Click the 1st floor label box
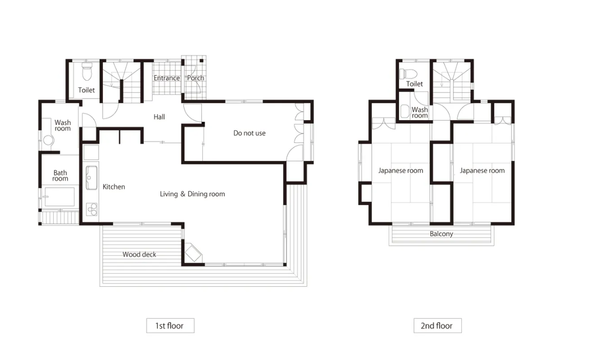click(170, 326)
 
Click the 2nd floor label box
click(437, 326)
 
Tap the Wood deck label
click(139, 254)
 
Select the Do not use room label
click(249, 133)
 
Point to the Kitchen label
click(114, 187)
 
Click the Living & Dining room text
click(192, 194)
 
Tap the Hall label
click(159, 117)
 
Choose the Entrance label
click(166, 78)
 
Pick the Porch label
click(196, 78)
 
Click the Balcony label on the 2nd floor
click(442, 234)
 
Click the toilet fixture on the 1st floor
click(87, 72)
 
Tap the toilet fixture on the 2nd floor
click(408, 73)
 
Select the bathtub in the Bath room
click(60, 197)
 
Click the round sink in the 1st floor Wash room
click(48, 140)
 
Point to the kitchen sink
click(92, 178)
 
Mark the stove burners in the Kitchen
click(92, 209)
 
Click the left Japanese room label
click(401, 171)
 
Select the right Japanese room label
click(482, 171)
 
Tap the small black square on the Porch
click(202, 61)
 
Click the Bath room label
click(60, 175)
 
